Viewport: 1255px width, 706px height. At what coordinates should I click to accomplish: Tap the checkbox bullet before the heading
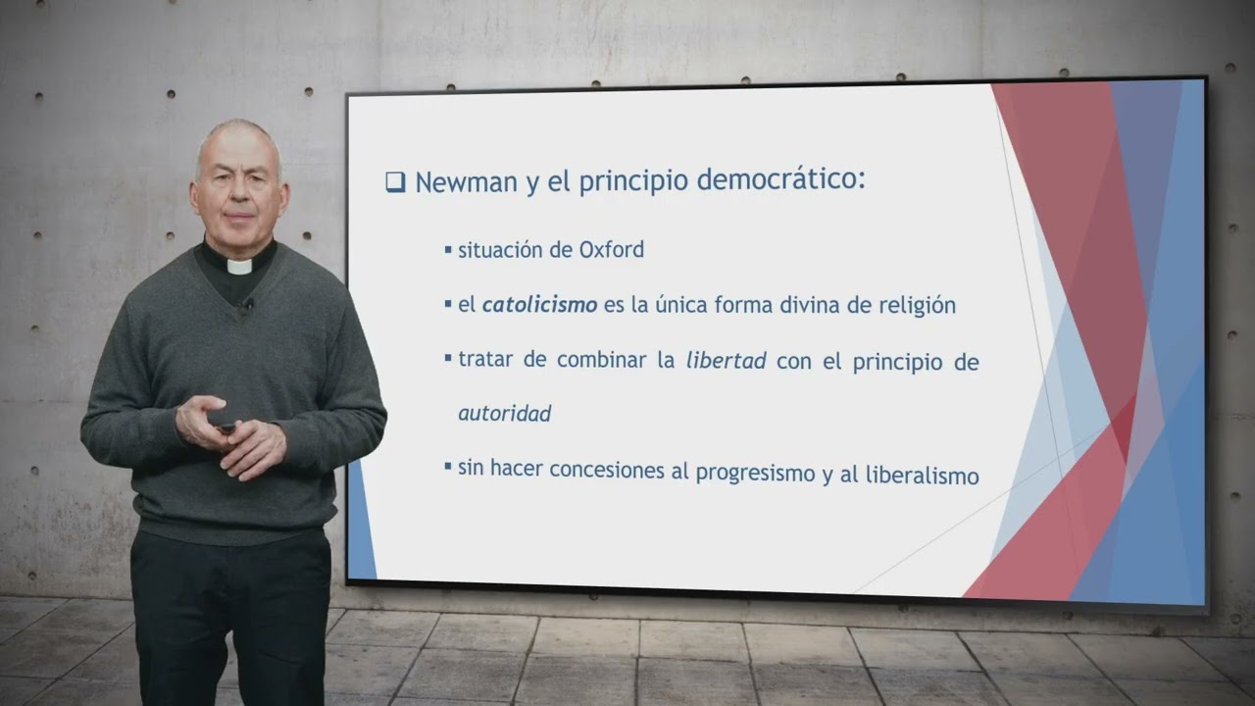click(x=395, y=182)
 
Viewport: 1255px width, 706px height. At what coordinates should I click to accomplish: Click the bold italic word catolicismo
click(x=539, y=305)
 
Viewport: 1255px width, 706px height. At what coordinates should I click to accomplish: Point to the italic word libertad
click(x=726, y=361)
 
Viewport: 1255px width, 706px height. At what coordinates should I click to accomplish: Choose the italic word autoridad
click(x=504, y=414)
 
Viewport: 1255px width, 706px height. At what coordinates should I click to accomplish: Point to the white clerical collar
click(x=239, y=266)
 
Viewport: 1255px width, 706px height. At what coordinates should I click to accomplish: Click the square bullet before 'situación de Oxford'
click(x=448, y=250)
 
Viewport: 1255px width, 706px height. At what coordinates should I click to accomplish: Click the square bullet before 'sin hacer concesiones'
click(x=448, y=467)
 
